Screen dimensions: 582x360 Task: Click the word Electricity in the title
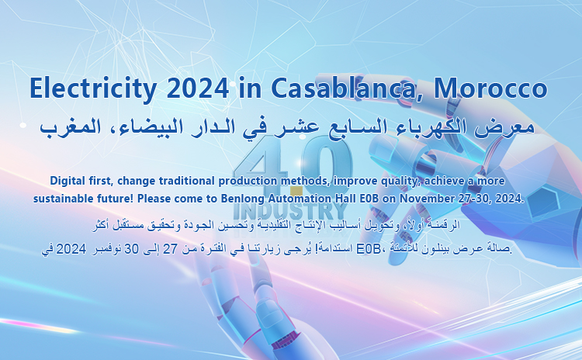click(93, 89)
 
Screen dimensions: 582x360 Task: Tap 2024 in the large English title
click(197, 88)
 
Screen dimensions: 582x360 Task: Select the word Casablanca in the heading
click(347, 89)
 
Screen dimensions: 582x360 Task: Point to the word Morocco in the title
click(490, 88)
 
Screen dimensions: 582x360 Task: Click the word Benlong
click(238, 199)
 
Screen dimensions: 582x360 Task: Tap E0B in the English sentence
click(369, 199)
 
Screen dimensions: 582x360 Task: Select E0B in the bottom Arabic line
click(366, 249)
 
